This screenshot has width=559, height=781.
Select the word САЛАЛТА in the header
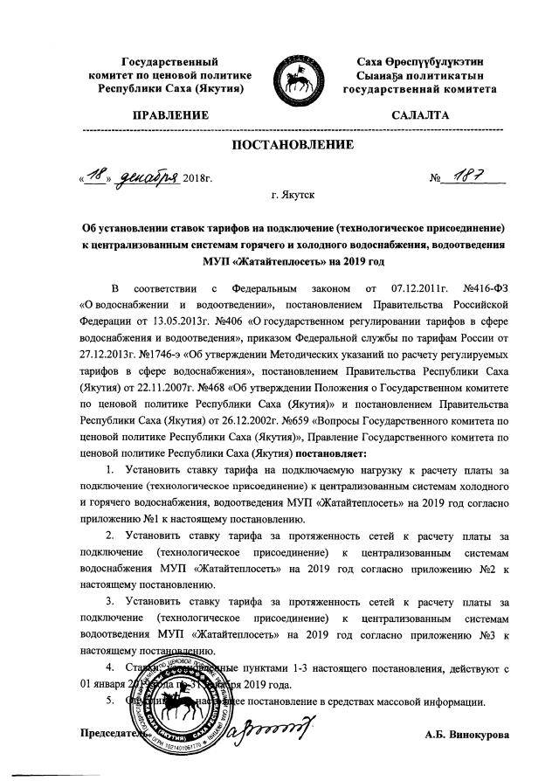click(421, 114)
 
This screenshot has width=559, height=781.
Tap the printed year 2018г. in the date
click(199, 179)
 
